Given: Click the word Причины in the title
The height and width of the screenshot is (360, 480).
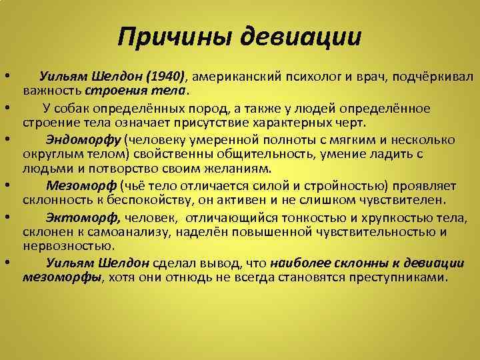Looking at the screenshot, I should pos(174,37).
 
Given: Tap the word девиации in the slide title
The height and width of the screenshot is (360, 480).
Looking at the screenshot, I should pos(300,37).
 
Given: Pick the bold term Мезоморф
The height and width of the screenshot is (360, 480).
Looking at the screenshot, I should pos(81,185).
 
